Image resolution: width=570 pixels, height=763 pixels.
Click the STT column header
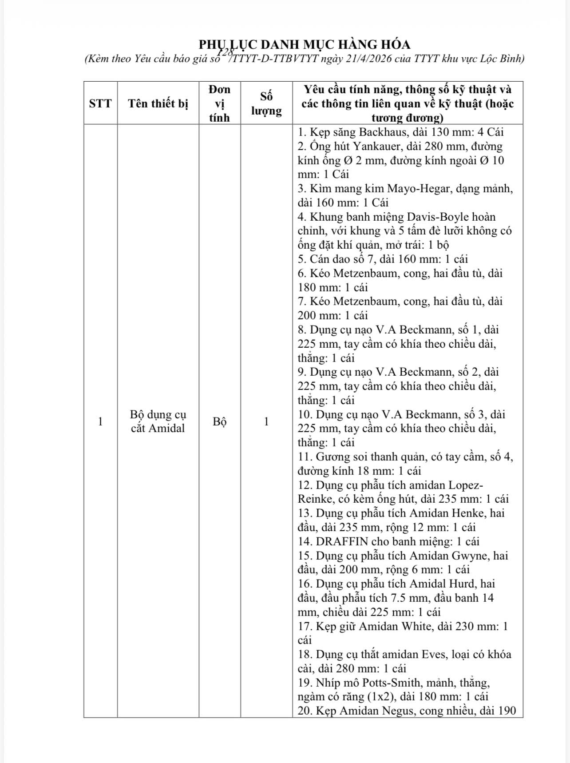coord(100,103)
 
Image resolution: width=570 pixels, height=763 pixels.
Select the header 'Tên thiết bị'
coord(158,103)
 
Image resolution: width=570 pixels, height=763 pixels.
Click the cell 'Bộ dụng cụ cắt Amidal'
coord(158,421)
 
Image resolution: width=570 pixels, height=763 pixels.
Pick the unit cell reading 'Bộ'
coord(220,421)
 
